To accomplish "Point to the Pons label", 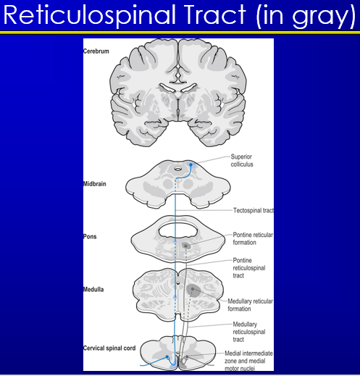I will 91,237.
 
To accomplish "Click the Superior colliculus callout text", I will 243,160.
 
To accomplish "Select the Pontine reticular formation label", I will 254,238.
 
